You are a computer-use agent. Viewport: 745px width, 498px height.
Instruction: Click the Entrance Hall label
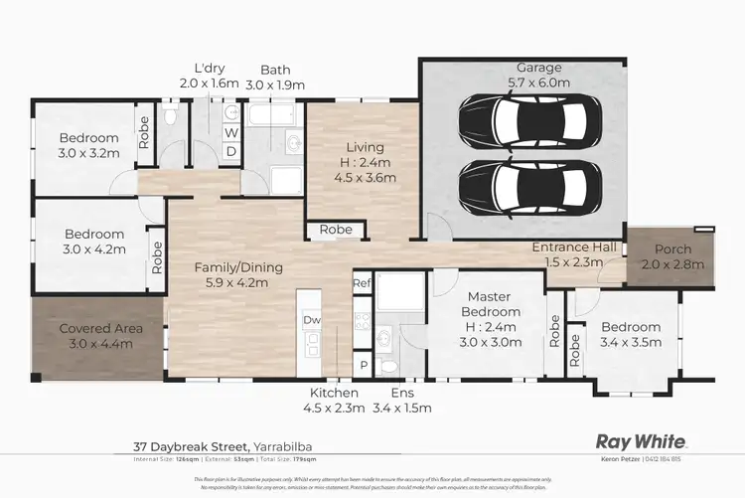point(574,247)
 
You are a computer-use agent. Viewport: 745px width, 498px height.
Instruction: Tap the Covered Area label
point(99,329)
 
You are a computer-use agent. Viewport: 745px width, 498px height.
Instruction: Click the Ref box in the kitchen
point(362,284)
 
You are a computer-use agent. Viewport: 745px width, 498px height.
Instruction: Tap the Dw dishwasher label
point(312,320)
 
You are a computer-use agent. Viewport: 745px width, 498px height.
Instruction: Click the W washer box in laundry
point(230,132)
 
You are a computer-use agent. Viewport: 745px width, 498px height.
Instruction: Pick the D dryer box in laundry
point(230,151)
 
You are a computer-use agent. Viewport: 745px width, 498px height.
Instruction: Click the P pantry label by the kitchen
point(363,365)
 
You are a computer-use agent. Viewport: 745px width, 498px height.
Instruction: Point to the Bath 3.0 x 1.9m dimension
point(276,85)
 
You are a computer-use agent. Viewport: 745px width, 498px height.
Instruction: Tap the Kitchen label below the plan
point(330,393)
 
